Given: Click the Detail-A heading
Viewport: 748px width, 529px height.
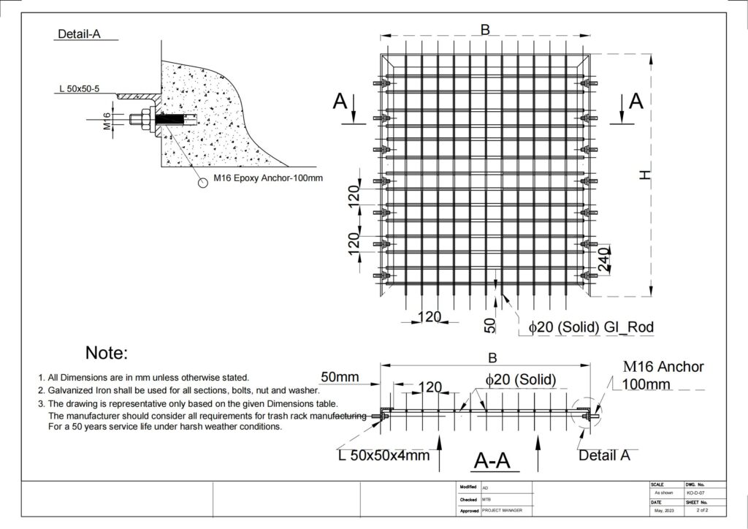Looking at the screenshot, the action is click(x=79, y=34).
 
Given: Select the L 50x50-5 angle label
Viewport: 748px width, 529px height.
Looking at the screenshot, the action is click(x=79, y=88).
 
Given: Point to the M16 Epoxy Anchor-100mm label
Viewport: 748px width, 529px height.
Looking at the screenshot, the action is click(x=268, y=178).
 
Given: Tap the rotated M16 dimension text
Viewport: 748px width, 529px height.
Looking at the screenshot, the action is click(x=107, y=121).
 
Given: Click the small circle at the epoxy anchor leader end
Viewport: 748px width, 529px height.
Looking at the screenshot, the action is click(x=203, y=183).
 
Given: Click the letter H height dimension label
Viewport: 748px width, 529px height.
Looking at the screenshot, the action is click(x=645, y=175).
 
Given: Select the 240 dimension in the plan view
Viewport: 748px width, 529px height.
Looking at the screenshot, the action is click(x=604, y=259).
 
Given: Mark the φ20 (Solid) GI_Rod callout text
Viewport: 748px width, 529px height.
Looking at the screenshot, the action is click(x=590, y=327).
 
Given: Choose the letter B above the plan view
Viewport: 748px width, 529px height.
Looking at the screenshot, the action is click(x=485, y=29).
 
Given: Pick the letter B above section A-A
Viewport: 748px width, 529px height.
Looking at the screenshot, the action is click(x=493, y=358).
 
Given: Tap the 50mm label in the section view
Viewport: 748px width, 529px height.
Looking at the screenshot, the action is click(x=340, y=377).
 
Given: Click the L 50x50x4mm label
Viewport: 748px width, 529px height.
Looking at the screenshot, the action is click(x=384, y=455).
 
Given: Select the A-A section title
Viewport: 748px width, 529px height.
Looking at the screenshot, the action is click(x=492, y=461).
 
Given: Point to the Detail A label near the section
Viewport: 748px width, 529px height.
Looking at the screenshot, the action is click(x=604, y=455).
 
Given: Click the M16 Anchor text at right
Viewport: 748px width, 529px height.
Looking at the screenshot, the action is click(x=663, y=366).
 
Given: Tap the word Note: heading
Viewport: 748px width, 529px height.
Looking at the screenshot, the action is click(x=107, y=352).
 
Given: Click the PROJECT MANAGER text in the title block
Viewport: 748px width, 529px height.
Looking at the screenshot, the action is click(x=502, y=511).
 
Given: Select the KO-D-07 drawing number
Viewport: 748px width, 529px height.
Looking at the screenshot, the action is click(x=695, y=493).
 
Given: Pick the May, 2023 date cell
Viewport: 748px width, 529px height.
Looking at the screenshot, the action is click(x=665, y=511).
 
